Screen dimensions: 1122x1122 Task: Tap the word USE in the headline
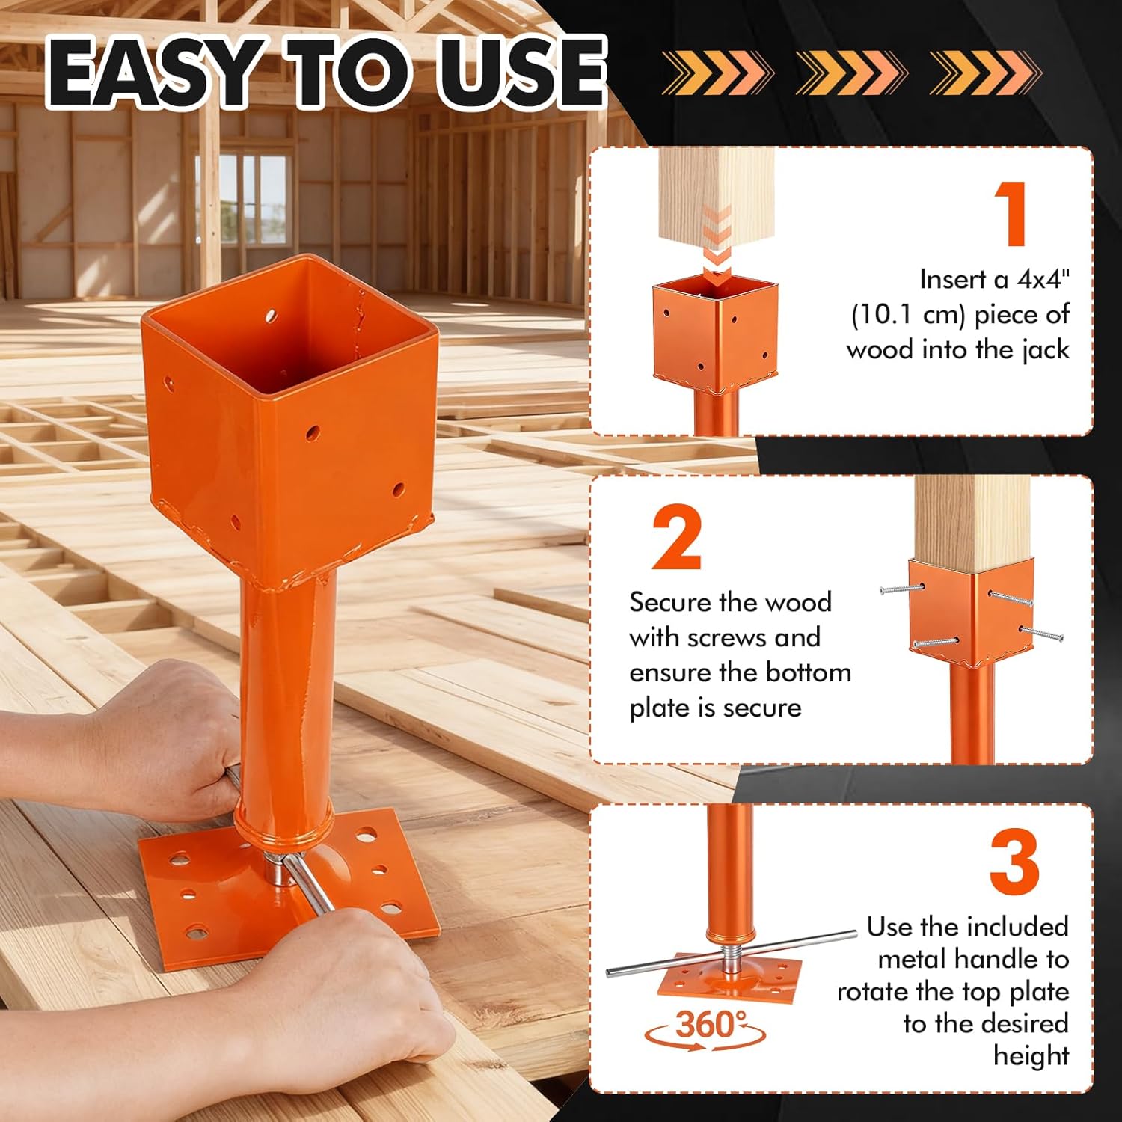(521, 73)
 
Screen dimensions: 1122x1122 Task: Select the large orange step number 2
(676, 538)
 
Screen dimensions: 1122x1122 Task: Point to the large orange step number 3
(1014, 862)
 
